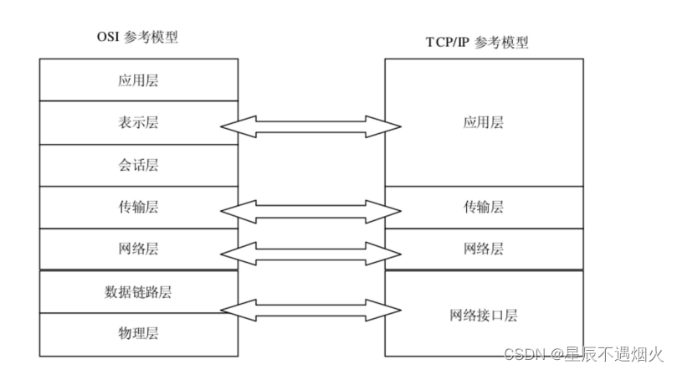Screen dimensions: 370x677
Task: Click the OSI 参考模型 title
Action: pyautogui.click(x=137, y=38)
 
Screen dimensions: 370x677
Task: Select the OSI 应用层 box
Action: pyautogui.click(x=138, y=80)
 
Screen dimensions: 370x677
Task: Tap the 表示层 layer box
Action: pyautogui.click(x=138, y=122)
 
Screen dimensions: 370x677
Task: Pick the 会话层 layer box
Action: pyautogui.click(x=138, y=165)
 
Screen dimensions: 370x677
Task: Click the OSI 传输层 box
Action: pyautogui.click(x=138, y=207)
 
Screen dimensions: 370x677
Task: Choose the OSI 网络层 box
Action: pyautogui.click(x=138, y=249)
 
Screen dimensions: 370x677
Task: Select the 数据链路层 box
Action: pyautogui.click(x=138, y=291)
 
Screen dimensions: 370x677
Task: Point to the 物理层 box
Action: pyautogui.click(x=138, y=333)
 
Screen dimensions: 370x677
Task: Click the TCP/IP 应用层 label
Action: pyautogui.click(x=483, y=122)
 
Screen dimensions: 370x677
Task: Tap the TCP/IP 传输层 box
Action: pyautogui.click(x=483, y=207)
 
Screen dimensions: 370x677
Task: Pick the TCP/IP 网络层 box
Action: pyautogui.click(x=483, y=249)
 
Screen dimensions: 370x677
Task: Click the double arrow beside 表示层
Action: pyautogui.click(x=310, y=126)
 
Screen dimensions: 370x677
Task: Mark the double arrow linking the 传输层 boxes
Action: pyautogui.click(x=310, y=211)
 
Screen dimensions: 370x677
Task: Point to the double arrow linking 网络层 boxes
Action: pyautogui.click(x=310, y=252)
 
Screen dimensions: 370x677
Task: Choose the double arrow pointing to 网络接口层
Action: pyautogui.click(x=310, y=311)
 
